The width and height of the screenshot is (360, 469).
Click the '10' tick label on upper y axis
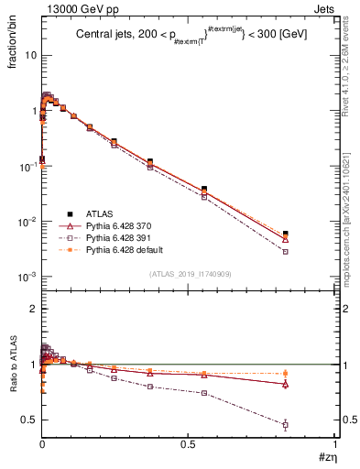pyautogui.click(x=29, y=55)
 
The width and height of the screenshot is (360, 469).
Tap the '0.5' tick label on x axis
pyautogui.click(x=189, y=444)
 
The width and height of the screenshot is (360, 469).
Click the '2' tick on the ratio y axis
pyautogui.click(x=33, y=309)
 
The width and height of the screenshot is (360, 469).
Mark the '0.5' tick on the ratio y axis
pyautogui.click(x=29, y=420)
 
